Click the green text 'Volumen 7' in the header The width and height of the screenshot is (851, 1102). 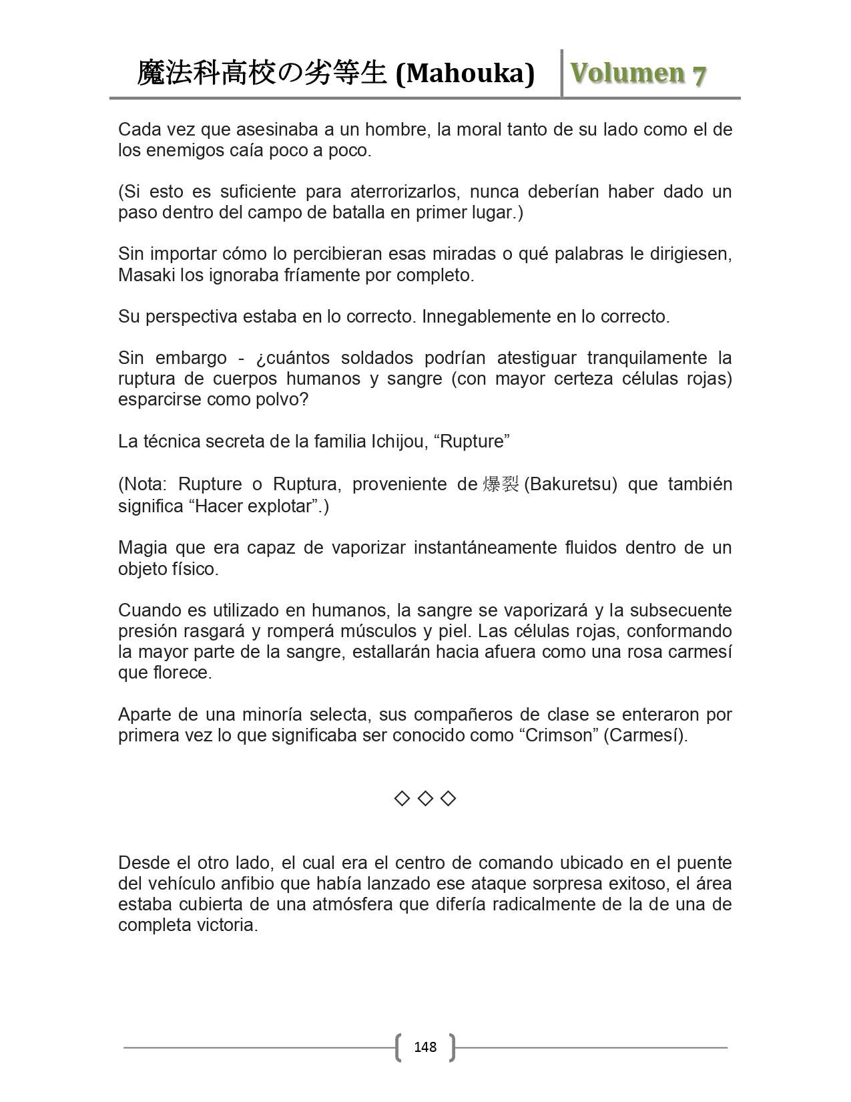(638, 73)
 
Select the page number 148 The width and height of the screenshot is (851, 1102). (425, 1047)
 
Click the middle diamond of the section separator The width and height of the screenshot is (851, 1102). (425, 798)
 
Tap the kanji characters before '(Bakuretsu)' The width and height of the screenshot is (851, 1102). (501, 484)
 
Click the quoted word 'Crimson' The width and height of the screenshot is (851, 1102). (559, 735)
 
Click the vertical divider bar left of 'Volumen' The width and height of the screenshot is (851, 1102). (562, 73)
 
